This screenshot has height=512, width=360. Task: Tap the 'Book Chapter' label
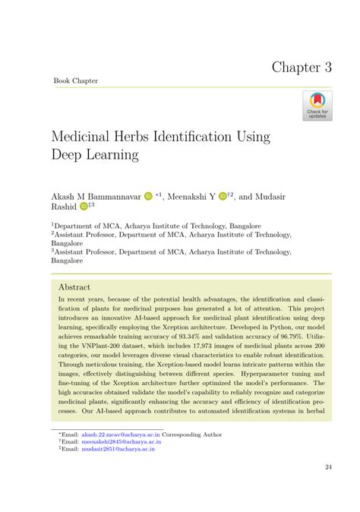click(x=75, y=81)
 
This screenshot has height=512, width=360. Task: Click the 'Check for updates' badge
click(x=317, y=106)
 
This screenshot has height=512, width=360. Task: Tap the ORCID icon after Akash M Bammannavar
click(x=148, y=195)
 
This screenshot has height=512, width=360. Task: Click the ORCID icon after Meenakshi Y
click(x=223, y=195)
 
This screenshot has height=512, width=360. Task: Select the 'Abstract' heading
click(x=74, y=288)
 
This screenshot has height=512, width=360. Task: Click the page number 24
click(x=328, y=466)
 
